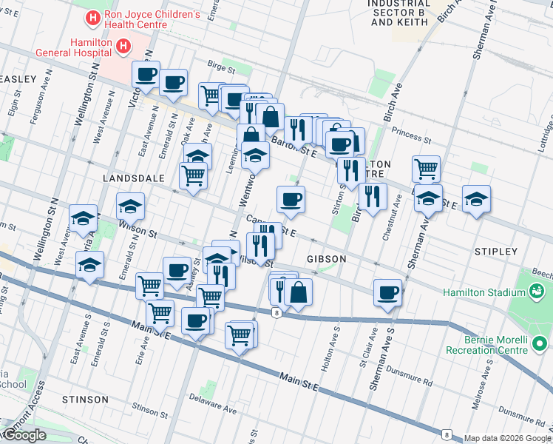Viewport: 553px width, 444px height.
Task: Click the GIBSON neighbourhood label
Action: [326, 259]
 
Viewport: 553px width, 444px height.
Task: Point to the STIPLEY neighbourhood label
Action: [497, 252]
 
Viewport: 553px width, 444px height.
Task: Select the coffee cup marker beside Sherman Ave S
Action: [388, 293]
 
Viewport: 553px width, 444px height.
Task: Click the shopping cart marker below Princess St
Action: [426, 169]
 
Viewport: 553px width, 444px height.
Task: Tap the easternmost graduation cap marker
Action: [476, 199]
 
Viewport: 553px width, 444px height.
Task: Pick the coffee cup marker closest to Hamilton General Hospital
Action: [146, 75]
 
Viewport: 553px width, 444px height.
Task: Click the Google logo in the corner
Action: [24, 436]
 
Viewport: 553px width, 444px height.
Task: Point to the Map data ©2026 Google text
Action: [507, 438]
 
